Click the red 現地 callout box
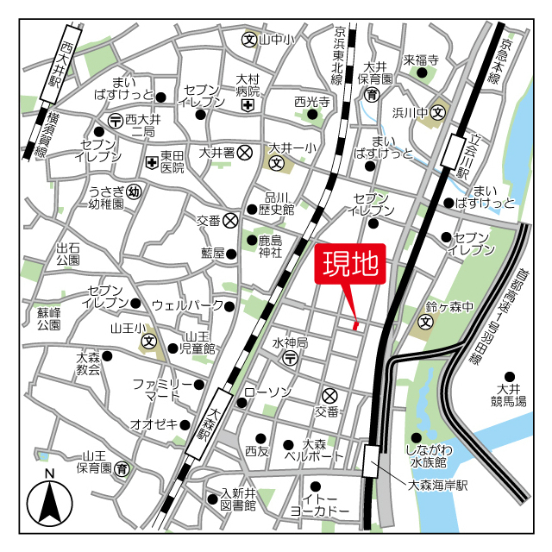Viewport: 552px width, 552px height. (351, 265)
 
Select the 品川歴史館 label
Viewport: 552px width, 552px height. (279, 203)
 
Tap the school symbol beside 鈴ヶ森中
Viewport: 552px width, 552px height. (425, 323)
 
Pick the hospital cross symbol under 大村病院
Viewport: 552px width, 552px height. (248, 106)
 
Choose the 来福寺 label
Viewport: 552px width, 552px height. (422, 60)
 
